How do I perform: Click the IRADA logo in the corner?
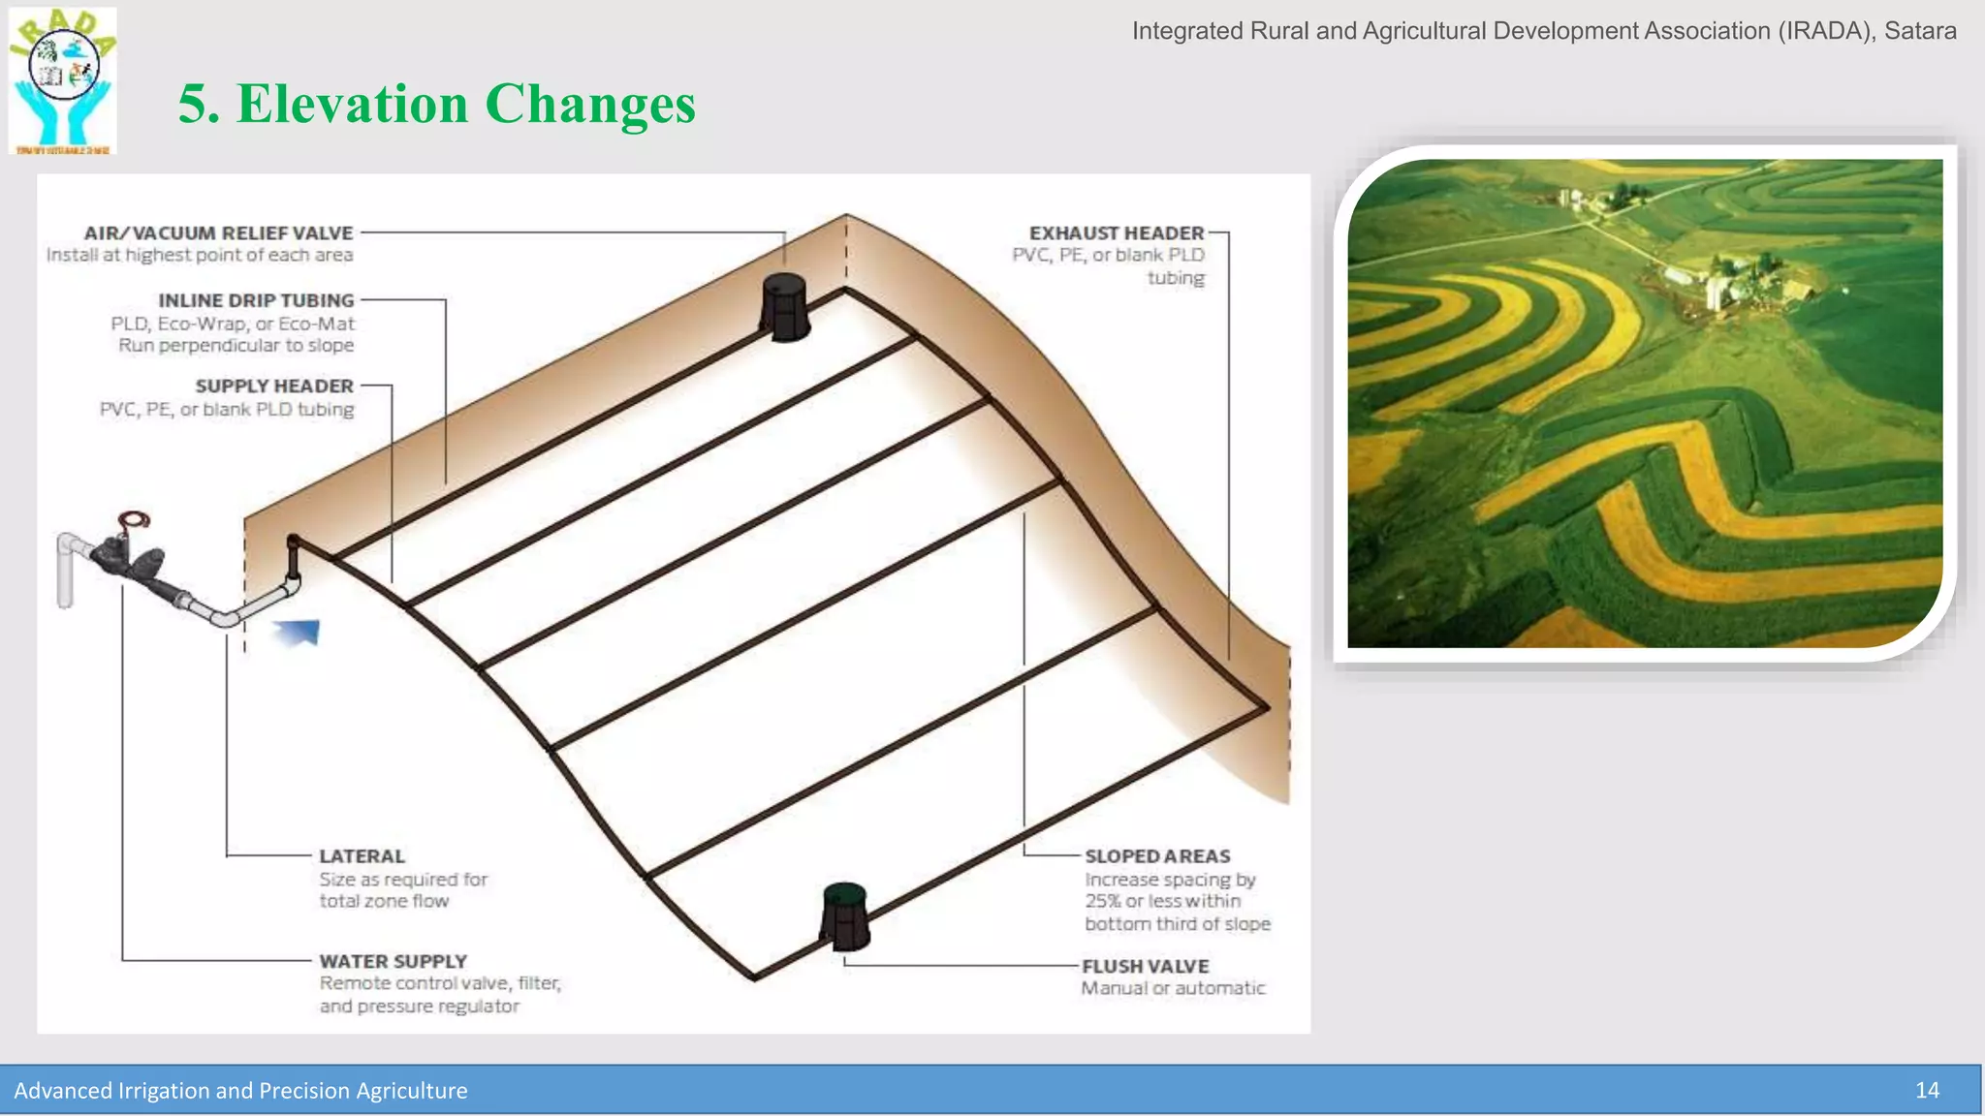(x=63, y=80)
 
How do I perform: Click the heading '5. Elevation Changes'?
(x=436, y=104)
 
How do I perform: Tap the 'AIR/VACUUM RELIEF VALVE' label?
(x=218, y=233)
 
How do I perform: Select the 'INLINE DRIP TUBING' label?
(x=256, y=301)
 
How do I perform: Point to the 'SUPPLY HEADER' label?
(x=274, y=387)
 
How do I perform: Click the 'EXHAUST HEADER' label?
(x=1116, y=233)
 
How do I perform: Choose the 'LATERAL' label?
(x=362, y=856)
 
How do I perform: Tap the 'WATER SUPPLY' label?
(x=393, y=961)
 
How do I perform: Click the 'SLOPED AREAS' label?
(x=1157, y=856)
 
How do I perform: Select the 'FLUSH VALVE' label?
(x=1145, y=967)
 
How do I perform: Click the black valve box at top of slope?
(x=785, y=306)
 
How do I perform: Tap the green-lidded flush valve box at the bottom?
(x=845, y=915)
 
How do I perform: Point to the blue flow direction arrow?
(x=299, y=633)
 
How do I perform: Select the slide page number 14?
(x=1927, y=1091)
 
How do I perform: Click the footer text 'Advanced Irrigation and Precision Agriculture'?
(x=240, y=1091)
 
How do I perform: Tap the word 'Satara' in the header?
(x=1920, y=31)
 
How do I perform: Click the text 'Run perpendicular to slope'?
(x=236, y=346)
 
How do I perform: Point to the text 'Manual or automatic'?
(x=1173, y=988)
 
